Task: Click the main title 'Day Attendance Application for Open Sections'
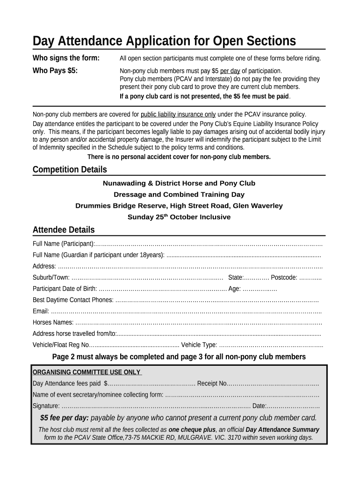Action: point(164,41)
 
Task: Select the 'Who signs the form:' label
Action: point(66,58)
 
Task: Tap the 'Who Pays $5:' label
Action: point(55,71)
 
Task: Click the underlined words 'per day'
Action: point(230,71)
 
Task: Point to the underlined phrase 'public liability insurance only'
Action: point(178,114)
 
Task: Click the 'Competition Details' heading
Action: point(70,169)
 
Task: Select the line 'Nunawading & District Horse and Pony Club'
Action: point(179,183)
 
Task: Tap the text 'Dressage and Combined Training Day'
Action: point(179,194)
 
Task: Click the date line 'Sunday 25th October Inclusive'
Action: point(179,217)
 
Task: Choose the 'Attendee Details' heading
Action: point(64,230)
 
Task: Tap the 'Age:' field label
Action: point(235,289)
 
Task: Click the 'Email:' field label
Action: point(41,311)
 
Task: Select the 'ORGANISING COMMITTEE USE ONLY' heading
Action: point(86,372)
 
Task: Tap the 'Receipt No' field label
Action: point(212,384)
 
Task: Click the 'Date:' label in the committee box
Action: point(259,406)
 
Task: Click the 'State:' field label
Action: point(236,277)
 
